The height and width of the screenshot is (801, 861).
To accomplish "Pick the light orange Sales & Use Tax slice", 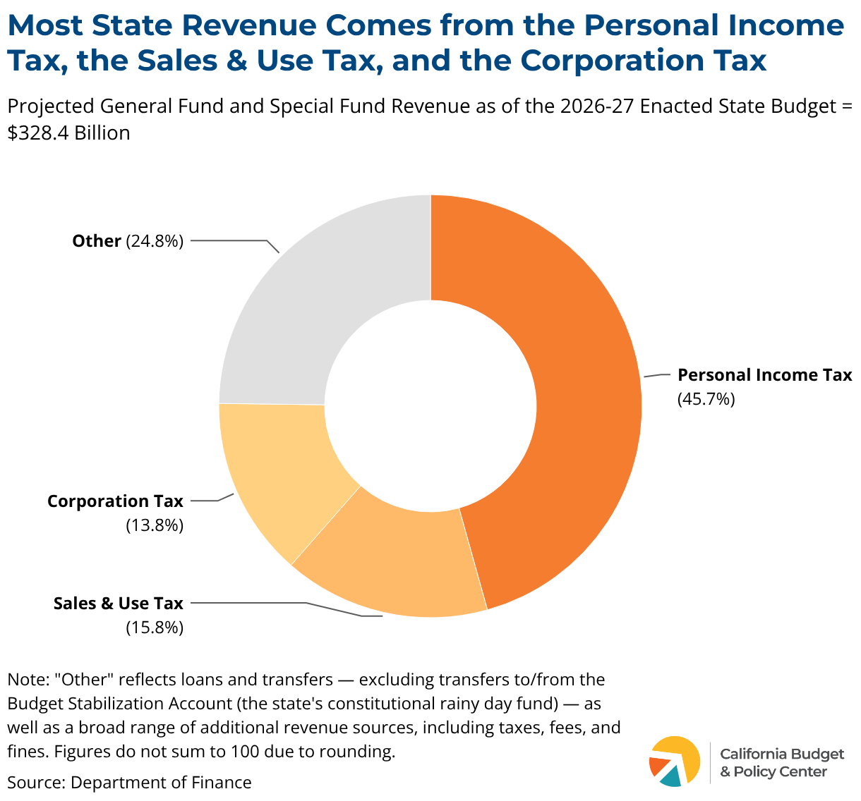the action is [x=390, y=563].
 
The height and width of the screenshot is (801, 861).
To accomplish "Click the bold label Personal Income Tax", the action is [x=765, y=374].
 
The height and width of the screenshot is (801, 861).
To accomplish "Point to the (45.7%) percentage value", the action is [x=706, y=398].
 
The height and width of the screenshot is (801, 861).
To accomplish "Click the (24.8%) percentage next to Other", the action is [x=155, y=241].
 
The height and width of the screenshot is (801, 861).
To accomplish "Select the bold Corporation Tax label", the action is [x=115, y=501].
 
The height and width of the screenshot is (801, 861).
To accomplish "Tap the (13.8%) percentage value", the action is [x=155, y=525].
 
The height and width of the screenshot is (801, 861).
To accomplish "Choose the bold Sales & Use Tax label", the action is [x=119, y=603].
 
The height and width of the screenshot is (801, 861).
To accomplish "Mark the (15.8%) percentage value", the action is [x=155, y=628].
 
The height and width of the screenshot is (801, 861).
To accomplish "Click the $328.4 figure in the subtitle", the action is [x=38, y=133].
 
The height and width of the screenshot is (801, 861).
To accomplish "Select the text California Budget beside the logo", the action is [x=782, y=754].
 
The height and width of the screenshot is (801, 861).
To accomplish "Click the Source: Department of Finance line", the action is [x=129, y=783].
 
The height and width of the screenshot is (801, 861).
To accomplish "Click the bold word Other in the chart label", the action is [x=97, y=241].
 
